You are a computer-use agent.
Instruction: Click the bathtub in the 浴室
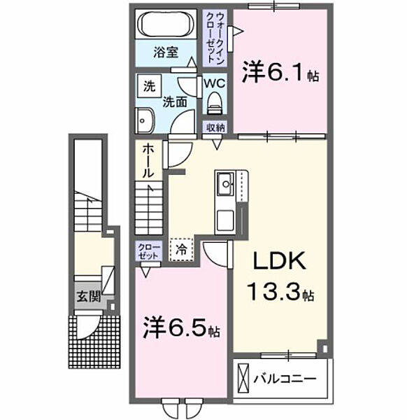click(166, 26)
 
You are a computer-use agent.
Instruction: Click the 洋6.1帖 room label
click(280, 72)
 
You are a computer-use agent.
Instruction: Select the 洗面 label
click(174, 101)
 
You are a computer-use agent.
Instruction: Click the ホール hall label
click(149, 160)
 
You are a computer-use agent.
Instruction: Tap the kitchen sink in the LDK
click(227, 186)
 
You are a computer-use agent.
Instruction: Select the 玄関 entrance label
click(88, 295)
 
